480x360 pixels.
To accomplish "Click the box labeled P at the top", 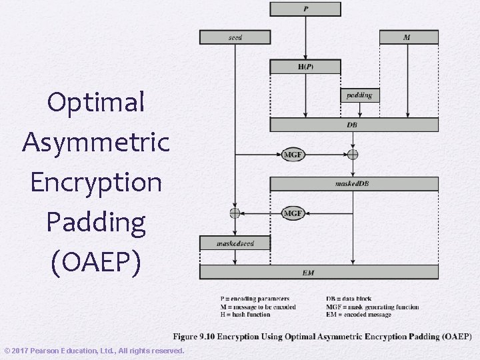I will coord(305,9).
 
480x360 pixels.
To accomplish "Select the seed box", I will coord(235,37).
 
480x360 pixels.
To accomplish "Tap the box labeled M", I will coord(409,37).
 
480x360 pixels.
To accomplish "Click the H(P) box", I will coord(305,67).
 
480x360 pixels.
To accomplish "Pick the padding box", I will coord(359,95).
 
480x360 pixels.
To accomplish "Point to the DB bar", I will coord(353,125).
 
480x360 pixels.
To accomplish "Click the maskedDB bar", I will coord(353,183).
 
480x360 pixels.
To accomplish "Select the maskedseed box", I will coord(235,243).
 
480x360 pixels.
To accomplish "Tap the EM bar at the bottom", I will coord(319,272).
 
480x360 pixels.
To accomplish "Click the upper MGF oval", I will coord(294,155).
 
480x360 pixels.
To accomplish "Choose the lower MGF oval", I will coord(294,213).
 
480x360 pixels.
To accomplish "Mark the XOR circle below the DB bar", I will coord(353,155).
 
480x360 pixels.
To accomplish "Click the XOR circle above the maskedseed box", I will coord(235,213).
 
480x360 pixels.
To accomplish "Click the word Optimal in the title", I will coord(96,102).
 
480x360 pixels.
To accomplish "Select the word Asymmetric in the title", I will coord(96,142).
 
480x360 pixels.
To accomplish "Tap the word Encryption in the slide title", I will coord(96,182).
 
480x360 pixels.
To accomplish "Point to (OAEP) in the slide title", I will coord(96,262).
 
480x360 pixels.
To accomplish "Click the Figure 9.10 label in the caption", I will coord(194,337).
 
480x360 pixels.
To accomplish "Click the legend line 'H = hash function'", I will coord(245,315).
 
